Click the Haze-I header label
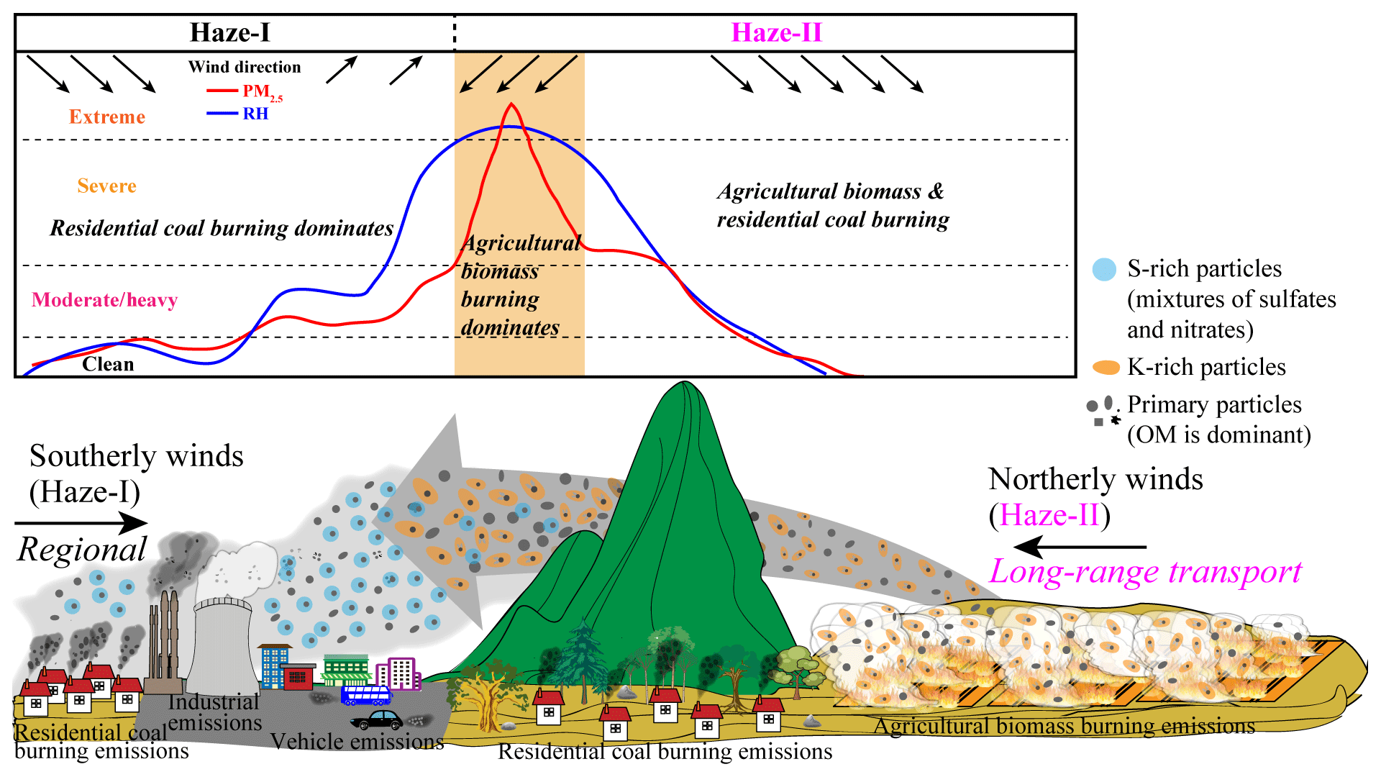[x=229, y=32]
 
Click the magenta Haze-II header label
[x=776, y=32]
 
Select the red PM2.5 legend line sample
[x=222, y=91]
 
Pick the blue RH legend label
[x=255, y=114]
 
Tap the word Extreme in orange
[x=107, y=117]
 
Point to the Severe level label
[x=107, y=186]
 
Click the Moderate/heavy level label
[x=105, y=299]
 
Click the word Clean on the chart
[x=108, y=363]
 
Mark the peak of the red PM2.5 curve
[x=511, y=104]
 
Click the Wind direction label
[x=245, y=67]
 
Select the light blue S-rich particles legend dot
[x=1104, y=269]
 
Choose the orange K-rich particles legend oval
[x=1106, y=368]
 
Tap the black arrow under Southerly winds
[x=81, y=523]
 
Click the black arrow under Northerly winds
[x=1080, y=547]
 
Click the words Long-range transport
[x=1145, y=572]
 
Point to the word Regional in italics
[x=82, y=550]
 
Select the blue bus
[x=366, y=695]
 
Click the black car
[x=377, y=719]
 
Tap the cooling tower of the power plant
[x=222, y=644]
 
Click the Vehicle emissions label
[x=357, y=741]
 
